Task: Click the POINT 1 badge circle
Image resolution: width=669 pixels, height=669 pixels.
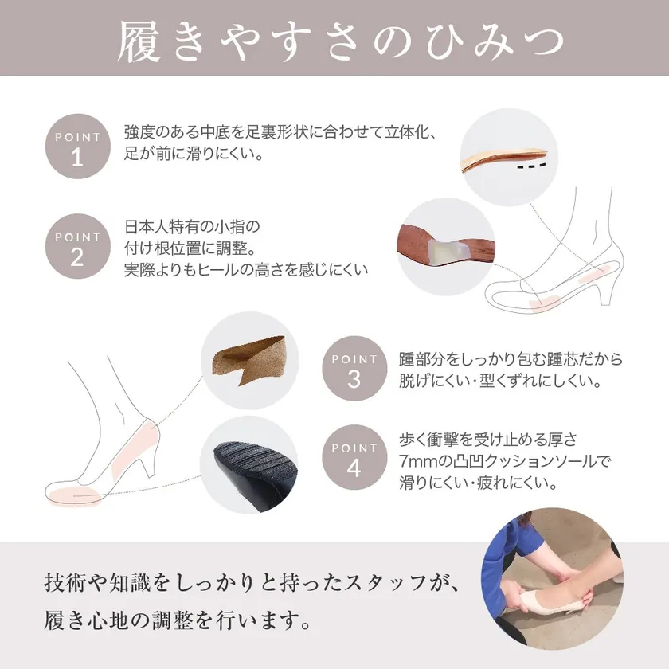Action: click(x=78, y=147)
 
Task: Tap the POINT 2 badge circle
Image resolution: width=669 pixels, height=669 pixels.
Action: click(x=78, y=246)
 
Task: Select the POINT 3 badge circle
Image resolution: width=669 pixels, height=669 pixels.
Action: click(x=354, y=369)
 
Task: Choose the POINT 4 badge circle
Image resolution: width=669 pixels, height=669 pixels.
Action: click(x=354, y=457)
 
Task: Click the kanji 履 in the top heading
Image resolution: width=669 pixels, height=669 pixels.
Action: click(x=139, y=41)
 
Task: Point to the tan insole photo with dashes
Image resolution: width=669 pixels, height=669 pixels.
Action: click(x=503, y=158)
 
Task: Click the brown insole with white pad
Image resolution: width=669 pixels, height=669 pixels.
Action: click(x=446, y=246)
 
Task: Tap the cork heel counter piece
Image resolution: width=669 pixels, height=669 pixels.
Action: click(x=250, y=361)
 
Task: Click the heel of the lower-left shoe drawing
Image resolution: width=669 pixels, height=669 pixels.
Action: click(x=145, y=462)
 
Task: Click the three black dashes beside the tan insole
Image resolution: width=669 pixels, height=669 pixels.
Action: click(x=532, y=166)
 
